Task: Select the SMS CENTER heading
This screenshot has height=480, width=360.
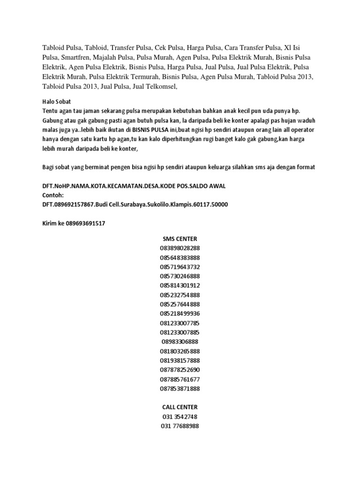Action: point(180,239)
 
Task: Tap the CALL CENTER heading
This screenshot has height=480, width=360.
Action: point(180,407)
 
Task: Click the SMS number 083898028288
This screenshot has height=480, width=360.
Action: point(180,248)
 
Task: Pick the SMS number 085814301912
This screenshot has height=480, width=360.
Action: point(180,285)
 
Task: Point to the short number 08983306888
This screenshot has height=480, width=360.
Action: point(180,342)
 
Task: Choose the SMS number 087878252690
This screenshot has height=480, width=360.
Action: point(180,370)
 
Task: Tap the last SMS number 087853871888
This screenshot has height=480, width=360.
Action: point(180,389)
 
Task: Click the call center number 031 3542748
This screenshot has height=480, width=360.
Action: point(180,416)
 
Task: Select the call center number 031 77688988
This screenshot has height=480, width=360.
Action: point(180,426)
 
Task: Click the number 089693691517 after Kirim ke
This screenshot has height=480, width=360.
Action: point(85,223)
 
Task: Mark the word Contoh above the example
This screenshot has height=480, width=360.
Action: point(52,195)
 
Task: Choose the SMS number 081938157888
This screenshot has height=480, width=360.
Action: point(180,360)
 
